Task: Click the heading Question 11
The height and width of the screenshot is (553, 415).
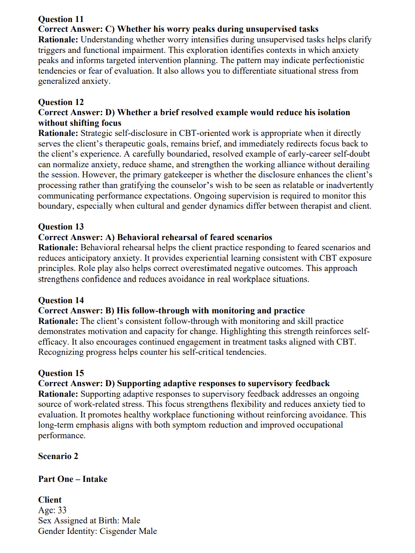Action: coord(61,19)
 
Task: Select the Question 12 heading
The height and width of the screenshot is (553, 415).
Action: coord(61,102)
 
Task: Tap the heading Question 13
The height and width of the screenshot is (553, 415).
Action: coord(61,227)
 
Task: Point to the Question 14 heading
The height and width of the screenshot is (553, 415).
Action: coord(61,300)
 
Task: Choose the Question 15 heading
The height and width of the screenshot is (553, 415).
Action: coord(61,373)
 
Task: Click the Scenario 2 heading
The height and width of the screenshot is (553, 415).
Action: coord(58,456)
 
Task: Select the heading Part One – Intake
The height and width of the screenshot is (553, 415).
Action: coord(73,479)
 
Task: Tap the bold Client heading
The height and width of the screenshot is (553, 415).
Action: coord(50,500)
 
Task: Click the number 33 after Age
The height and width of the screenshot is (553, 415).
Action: coord(62,510)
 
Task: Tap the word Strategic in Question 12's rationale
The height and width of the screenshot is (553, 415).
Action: coord(99,133)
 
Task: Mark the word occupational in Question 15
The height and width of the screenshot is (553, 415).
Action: coord(315,425)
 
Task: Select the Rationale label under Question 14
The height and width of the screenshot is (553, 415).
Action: coord(58,321)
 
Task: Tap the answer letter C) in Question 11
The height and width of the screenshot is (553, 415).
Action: coord(110,29)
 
